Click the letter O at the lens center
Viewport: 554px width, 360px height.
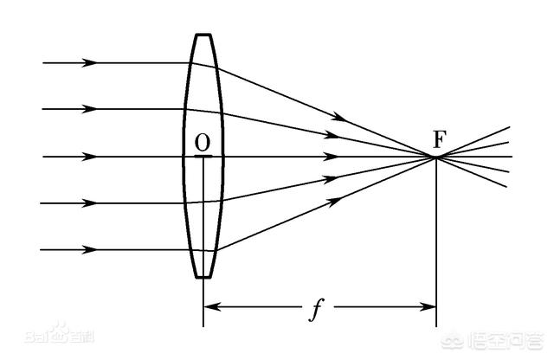203,143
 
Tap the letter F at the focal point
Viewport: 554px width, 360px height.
440,139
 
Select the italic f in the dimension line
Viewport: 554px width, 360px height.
316,310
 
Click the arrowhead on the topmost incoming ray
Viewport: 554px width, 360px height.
88,63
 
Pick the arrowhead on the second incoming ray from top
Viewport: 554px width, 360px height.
88,109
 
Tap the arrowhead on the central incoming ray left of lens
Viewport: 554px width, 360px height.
88,157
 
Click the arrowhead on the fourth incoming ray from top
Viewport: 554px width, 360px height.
88,203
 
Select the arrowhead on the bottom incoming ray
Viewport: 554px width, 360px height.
88,250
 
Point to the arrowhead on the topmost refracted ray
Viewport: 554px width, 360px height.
339,117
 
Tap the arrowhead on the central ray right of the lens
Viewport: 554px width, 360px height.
331,157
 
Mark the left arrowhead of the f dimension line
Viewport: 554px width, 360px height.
212,306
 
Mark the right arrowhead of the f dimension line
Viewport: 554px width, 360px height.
428,306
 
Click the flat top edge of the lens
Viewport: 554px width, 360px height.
203,35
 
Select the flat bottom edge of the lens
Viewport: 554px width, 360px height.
203,277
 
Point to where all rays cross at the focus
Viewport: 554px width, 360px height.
436,157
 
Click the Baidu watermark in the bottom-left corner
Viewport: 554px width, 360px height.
60,333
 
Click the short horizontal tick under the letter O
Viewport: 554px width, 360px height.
203,156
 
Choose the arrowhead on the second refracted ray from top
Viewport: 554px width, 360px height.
332,135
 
